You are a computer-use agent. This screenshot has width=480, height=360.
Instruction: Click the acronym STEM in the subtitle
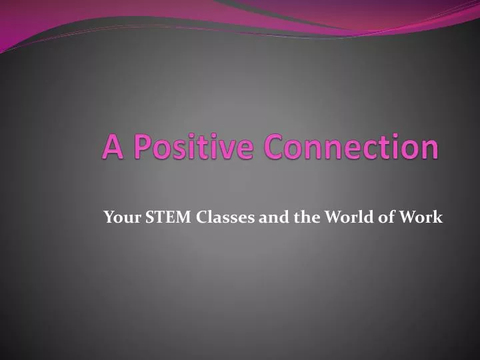[x=155, y=217]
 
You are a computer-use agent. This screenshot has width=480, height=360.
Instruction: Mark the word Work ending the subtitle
[x=425, y=217]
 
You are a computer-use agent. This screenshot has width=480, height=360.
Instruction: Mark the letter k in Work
[x=438, y=217]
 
